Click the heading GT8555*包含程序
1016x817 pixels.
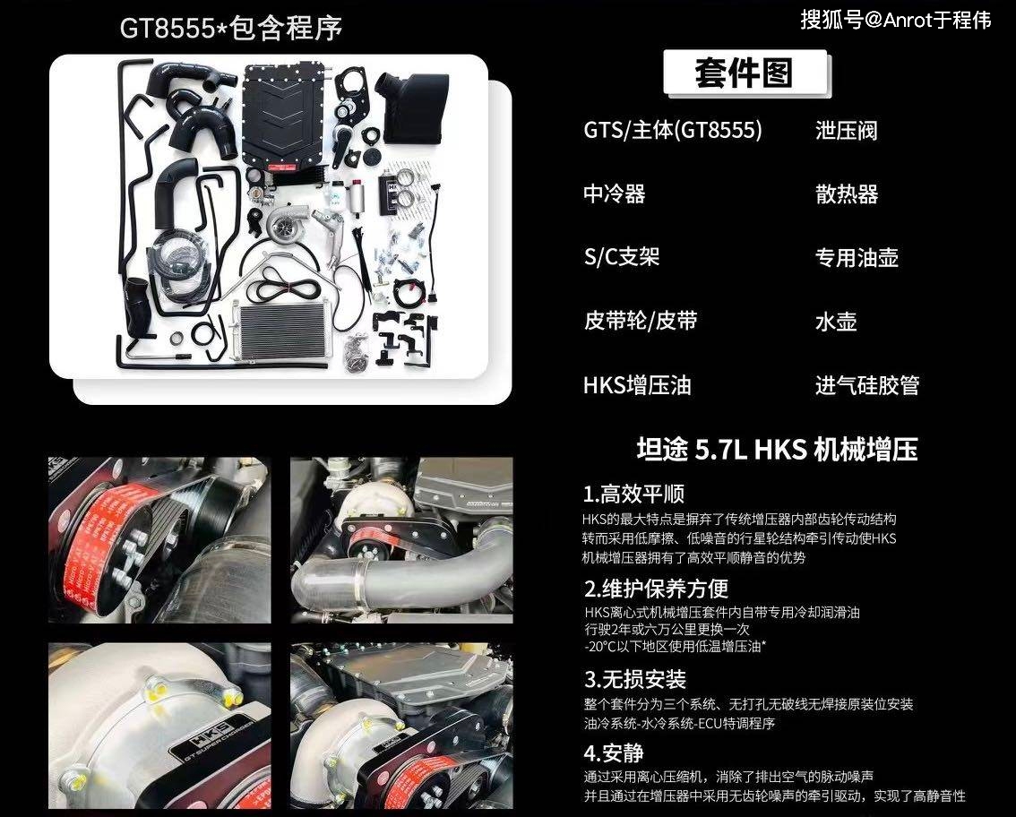pos(231,27)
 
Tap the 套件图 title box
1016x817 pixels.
pos(744,73)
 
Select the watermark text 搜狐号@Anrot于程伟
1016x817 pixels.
pos(895,21)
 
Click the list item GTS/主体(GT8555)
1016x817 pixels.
pos(673,131)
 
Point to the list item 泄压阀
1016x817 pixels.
pos(846,131)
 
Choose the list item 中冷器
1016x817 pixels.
pos(614,194)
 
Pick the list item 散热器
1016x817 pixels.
pos(846,194)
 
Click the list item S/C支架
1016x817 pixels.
pos(621,258)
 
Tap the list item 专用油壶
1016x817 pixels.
pos(856,258)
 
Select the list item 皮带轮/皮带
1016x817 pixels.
pos(640,322)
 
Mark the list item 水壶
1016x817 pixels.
pos(835,322)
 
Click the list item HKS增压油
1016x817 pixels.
pos(637,386)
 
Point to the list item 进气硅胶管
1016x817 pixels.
pos(866,386)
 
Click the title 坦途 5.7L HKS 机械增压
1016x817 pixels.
pos(777,449)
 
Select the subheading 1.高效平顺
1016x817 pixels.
pos(634,494)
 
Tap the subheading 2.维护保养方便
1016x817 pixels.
pos(656,589)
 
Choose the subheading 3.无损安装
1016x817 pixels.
pos(634,680)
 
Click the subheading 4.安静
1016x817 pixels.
pos(613,752)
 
